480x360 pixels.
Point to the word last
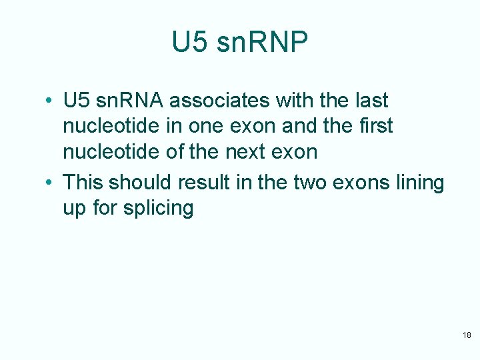point(370,101)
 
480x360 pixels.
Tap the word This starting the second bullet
point(83,182)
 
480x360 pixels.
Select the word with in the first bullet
point(287,101)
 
